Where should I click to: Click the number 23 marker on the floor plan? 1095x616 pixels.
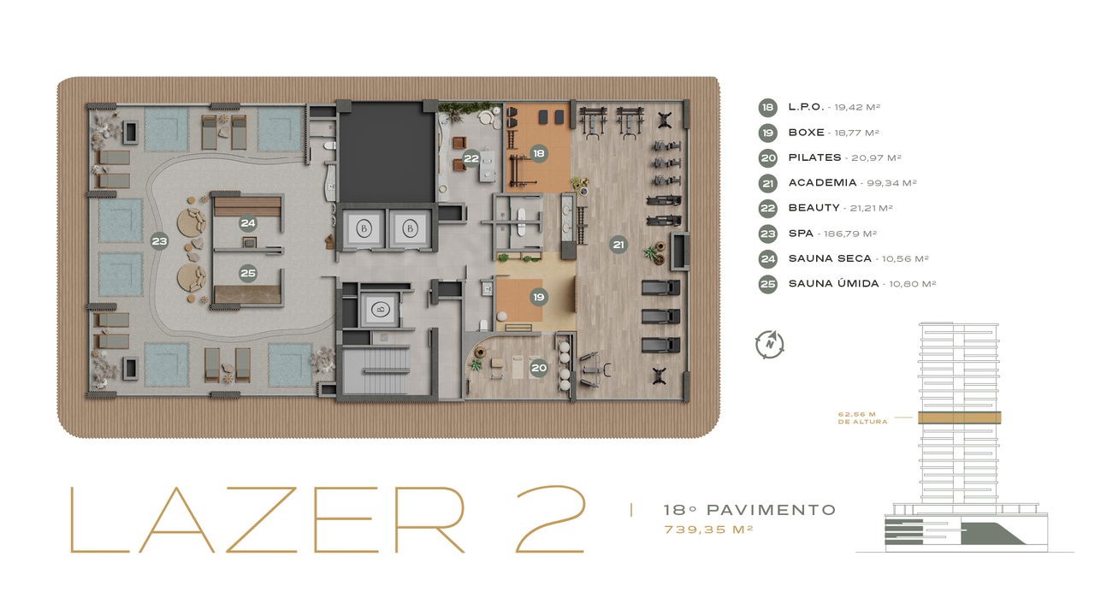159,241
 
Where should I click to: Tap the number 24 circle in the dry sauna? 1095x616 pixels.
248,223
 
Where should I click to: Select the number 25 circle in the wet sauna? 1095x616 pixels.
248,273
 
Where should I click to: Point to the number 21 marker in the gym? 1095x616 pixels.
619,245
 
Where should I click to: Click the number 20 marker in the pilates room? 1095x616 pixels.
539,368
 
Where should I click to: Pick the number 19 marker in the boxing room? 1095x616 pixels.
539,297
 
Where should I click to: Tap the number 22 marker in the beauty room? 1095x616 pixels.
471,158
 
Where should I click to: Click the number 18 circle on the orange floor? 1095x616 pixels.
539,153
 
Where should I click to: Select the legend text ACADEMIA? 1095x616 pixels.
822,183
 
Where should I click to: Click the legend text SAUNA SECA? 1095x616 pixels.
830,258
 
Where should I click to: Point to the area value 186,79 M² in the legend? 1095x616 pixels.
850,234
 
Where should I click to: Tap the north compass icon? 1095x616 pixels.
769,344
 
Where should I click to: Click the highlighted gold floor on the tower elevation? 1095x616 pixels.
959,418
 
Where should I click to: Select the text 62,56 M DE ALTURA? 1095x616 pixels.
862,418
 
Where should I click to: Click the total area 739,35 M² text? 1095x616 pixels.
708,530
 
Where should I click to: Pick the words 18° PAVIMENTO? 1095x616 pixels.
749,510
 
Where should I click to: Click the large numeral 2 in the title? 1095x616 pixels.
550,519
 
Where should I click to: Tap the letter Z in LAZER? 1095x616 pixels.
262,519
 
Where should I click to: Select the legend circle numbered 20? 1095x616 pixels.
768,158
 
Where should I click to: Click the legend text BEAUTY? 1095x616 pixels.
814,208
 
